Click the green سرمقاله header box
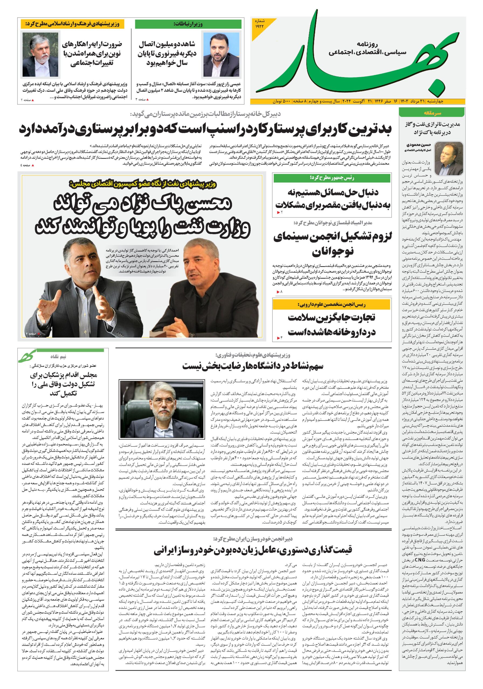coord(432,113)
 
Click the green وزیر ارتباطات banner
coord(188,24)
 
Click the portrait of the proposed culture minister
coord(40,55)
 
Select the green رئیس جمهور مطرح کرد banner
coord(332,178)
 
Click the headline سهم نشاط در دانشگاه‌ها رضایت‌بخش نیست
coord(253,366)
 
